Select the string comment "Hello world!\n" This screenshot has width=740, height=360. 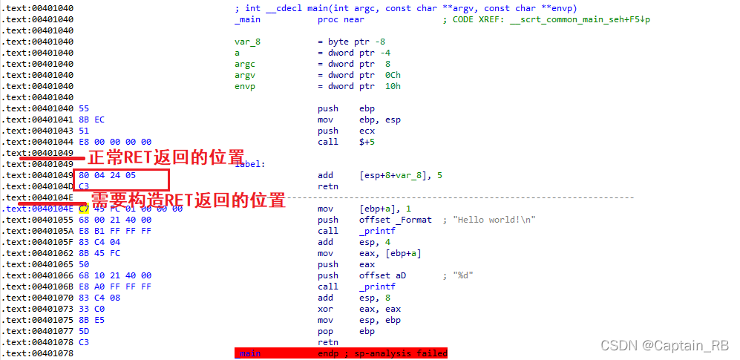[499, 220]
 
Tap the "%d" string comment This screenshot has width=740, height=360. [459, 275]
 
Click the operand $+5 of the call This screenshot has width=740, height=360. [369, 142]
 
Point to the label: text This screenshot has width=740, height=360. [249, 164]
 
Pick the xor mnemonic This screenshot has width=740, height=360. [325, 309]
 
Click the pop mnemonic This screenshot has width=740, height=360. [325, 331]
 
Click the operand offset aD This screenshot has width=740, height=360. [379, 275]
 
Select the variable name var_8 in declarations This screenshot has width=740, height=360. [247, 42]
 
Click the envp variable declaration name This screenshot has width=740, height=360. [245, 86]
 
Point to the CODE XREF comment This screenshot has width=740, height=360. [551, 19]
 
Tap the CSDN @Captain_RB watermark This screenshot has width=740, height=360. [664, 346]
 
